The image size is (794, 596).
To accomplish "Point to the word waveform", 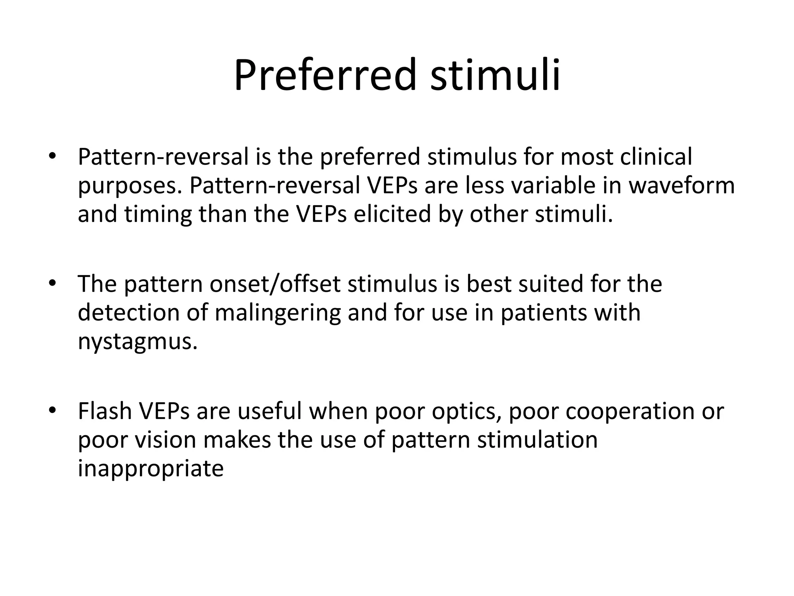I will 681,185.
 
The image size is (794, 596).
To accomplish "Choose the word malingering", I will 278,313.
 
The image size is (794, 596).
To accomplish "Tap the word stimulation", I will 537,440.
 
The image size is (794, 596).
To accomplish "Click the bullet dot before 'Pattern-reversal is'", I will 52,157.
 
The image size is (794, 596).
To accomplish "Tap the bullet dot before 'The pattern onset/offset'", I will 52,284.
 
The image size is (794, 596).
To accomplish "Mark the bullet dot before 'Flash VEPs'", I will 52,411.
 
